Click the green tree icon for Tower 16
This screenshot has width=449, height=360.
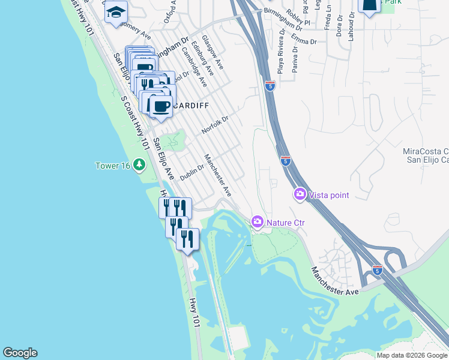139,164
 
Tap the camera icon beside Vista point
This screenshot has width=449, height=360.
299,194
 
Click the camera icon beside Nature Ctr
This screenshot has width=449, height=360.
258,223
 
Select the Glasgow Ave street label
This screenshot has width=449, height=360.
212,52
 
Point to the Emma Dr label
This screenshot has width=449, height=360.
304,40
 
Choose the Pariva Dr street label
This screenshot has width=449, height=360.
295,62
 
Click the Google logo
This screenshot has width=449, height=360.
20,353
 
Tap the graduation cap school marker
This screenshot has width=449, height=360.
116,13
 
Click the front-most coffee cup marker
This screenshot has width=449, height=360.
160,106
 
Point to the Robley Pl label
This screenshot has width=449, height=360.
299,17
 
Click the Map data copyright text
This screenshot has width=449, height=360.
412,355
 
